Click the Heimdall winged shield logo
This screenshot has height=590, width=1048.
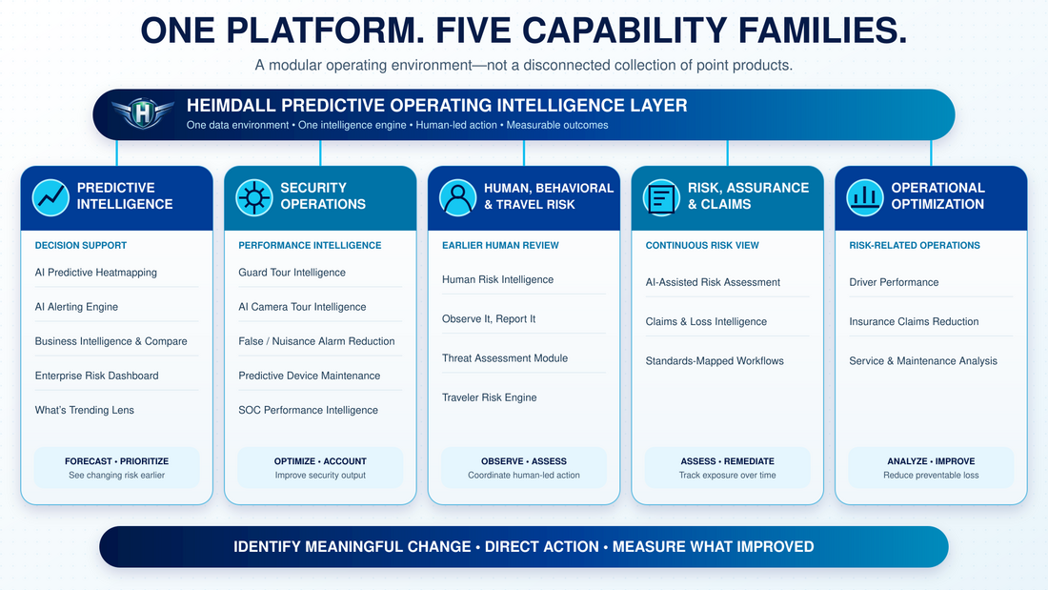pos(142,112)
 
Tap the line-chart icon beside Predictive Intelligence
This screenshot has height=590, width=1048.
pos(50,197)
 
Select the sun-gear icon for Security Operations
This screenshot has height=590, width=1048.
pos(254,197)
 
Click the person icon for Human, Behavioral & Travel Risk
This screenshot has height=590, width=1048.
pos(458,197)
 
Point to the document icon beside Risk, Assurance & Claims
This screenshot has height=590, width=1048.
pos(662,197)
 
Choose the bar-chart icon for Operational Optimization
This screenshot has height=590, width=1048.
pos(865,197)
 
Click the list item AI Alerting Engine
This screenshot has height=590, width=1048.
pos(76,306)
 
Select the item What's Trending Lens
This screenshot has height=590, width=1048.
pos(84,410)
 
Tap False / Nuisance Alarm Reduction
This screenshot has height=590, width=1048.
pos(316,341)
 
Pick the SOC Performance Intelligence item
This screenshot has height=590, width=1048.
pos(308,410)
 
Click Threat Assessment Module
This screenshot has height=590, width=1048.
pos(505,357)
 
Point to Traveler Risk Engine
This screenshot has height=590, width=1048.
pos(490,397)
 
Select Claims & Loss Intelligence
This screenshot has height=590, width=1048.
pos(706,321)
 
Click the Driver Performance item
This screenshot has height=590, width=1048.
pos(894,282)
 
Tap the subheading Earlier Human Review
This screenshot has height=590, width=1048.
pos(500,246)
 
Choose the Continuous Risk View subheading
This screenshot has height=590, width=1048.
pos(702,246)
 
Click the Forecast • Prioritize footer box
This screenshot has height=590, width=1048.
pos(117,468)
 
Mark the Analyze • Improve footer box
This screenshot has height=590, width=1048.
pos(931,468)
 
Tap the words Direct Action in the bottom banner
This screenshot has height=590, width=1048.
pos(541,546)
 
